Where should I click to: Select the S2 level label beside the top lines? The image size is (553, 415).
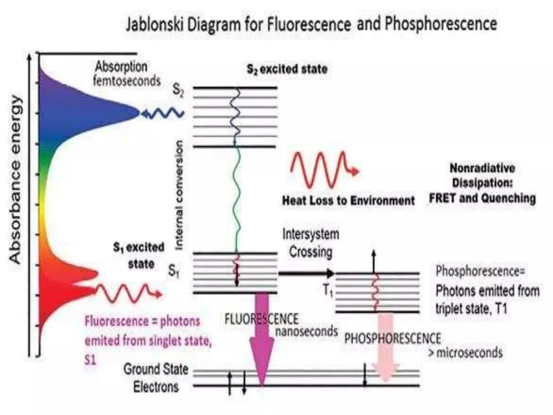point(178,91)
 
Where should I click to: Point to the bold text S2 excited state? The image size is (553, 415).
point(287,69)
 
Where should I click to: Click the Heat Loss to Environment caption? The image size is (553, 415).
point(348,201)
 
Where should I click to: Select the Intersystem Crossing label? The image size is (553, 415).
point(311,243)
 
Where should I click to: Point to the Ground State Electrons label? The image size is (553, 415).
point(156,378)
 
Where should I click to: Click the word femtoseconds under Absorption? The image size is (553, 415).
point(127,81)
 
